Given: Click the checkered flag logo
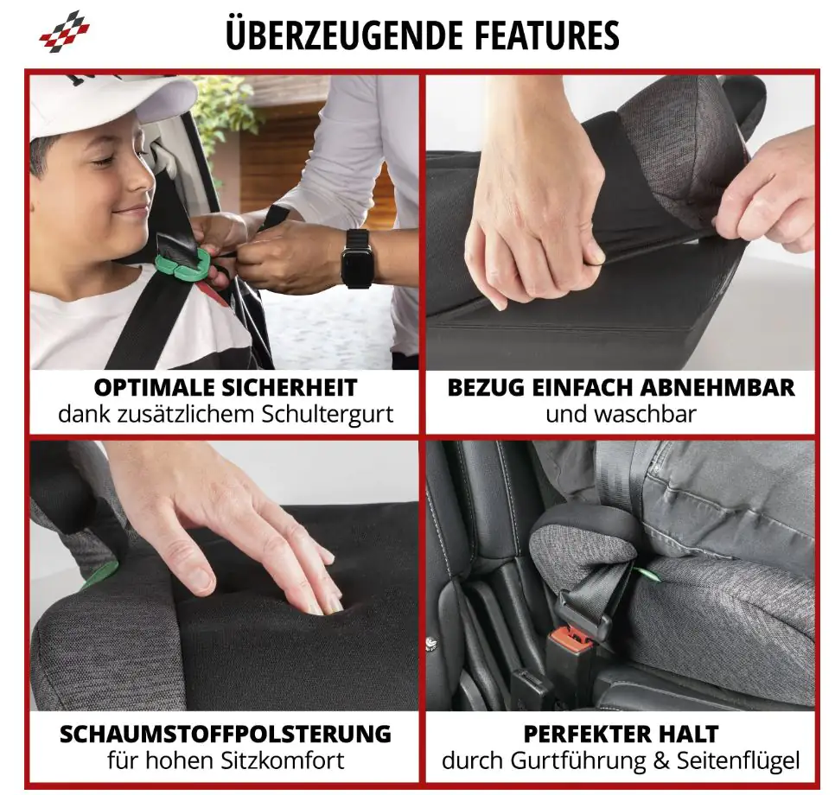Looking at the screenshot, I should pos(64,31).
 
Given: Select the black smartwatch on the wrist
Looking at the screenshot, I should pos(358,258).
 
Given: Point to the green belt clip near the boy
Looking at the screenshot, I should pos(189,265).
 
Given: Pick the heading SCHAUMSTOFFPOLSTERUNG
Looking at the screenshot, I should pos(225,735).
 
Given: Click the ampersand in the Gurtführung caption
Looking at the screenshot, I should pos(648,761).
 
